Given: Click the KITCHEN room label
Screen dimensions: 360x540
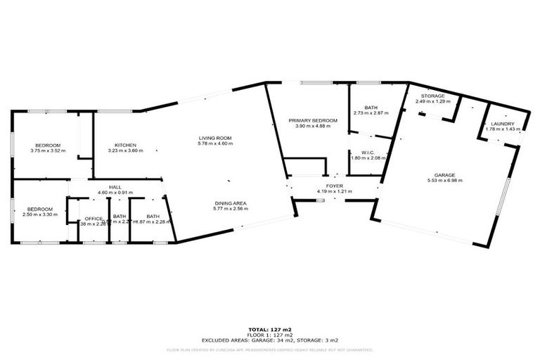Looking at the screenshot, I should pyautogui.click(x=125, y=145).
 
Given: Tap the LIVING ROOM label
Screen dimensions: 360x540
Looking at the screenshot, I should pyautogui.click(x=215, y=138).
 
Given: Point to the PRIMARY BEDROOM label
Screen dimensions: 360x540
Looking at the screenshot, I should pyautogui.click(x=313, y=121).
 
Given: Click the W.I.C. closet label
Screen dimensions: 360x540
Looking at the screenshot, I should pyautogui.click(x=366, y=152).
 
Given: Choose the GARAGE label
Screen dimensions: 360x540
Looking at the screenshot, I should pyautogui.click(x=444, y=174).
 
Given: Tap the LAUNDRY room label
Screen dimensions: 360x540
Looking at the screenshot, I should pyautogui.click(x=503, y=123).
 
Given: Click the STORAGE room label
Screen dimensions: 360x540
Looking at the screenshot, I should pyautogui.click(x=432, y=96).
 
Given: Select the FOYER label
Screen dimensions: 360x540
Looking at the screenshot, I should pyautogui.click(x=335, y=186).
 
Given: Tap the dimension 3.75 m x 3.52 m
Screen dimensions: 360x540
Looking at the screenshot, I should pyautogui.click(x=48, y=150).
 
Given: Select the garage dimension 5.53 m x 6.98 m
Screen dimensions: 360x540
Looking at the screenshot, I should pyautogui.click(x=444, y=181).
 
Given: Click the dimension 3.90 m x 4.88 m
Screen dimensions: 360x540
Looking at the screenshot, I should pyautogui.click(x=313, y=127).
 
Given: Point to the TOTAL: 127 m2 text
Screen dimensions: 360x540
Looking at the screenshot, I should pyautogui.click(x=270, y=329).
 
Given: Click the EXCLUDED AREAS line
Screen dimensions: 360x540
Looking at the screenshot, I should pyautogui.click(x=270, y=340).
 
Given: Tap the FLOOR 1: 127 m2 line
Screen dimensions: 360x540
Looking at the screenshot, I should pyautogui.click(x=270, y=335).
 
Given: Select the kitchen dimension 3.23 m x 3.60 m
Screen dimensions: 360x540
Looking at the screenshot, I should pyautogui.click(x=125, y=150).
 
